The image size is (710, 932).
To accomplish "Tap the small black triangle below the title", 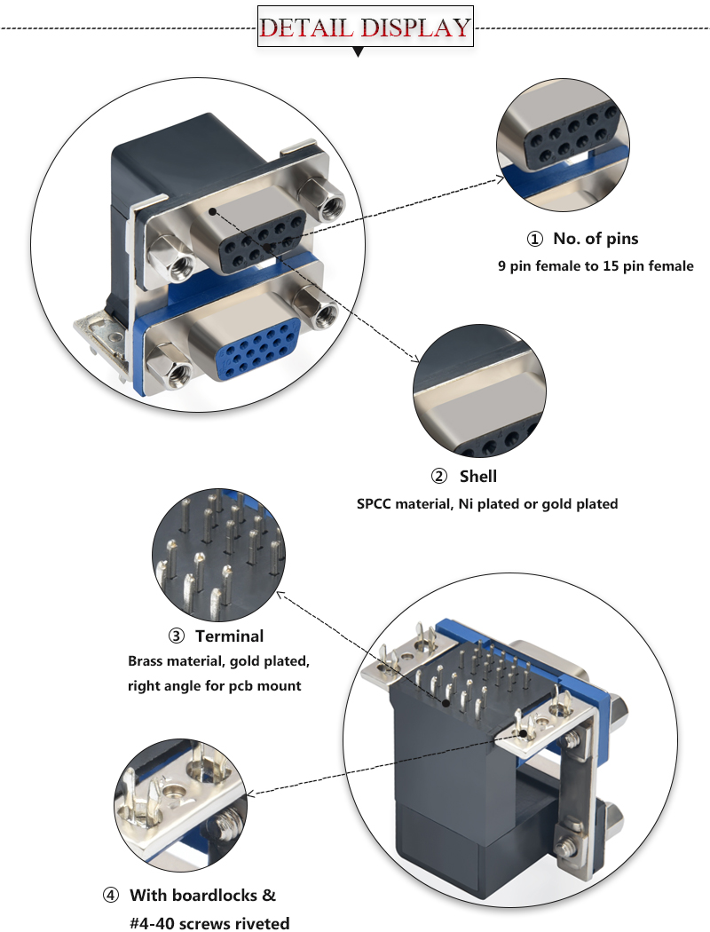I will (358, 52).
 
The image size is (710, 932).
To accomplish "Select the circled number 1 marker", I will (534, 239).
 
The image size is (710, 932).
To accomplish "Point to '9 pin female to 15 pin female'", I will (596, 265).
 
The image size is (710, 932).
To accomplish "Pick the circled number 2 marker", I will (439, 477).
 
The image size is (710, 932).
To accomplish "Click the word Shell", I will (478, 477).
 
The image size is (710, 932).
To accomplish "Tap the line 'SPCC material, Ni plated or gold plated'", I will (487, 503).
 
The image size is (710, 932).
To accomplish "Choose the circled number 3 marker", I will (177, 636).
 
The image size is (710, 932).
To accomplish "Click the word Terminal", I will (230, 636).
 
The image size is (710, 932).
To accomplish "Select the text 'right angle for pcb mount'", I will (214, 685).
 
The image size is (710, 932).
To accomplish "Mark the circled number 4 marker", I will (111, 895).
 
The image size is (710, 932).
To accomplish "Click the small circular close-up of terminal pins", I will (219, 557).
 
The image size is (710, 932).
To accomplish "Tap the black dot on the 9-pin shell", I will (212, 212).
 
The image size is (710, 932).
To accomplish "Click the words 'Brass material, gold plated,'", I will (218, 661).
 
